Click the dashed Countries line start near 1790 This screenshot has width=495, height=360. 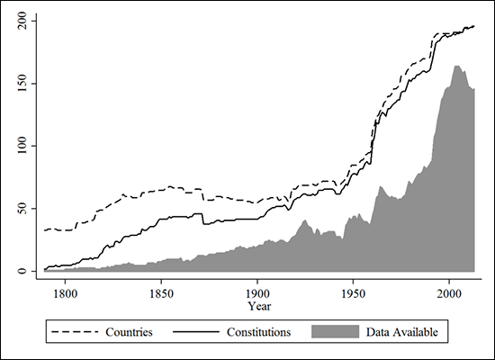pyautogui.click(x=46, y=230)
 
